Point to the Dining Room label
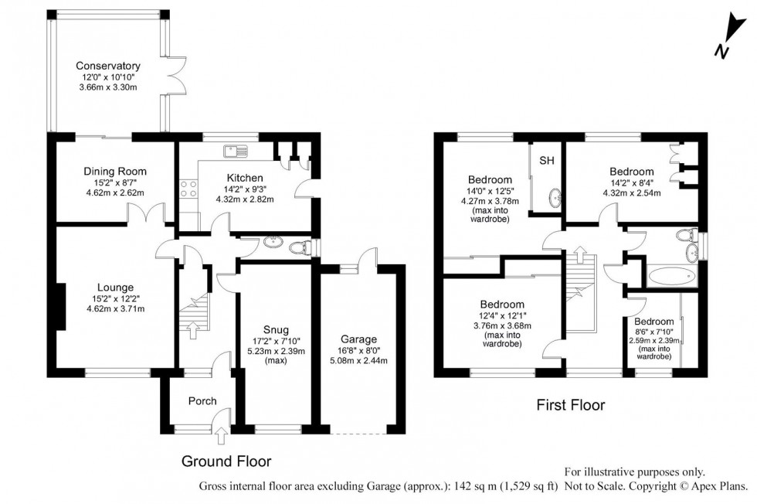coord(115,171)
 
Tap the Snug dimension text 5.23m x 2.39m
coord(276,352)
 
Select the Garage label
coord(358,339)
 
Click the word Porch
coord(202,400)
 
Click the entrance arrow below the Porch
coord(222,438)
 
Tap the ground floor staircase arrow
coord(192,331)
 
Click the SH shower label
coord(547,161)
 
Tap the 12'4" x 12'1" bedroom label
coord(502,304)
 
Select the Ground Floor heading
coord(226,461)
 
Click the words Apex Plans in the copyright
coord(719,486)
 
